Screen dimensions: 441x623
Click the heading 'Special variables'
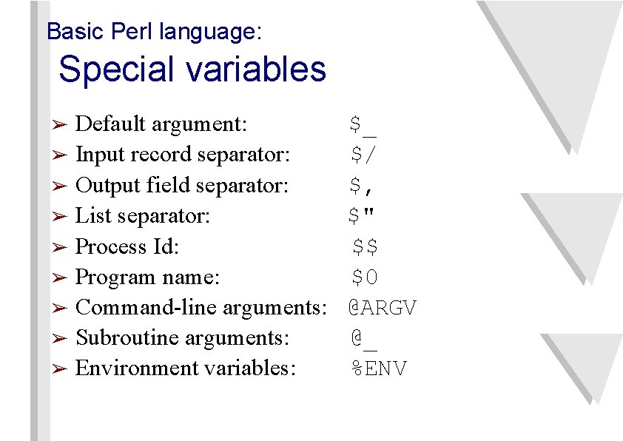coord(192,70)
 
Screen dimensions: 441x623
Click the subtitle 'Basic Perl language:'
coord(154,32)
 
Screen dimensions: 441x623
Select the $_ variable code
coord(363,124)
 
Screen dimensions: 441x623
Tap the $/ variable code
coord(363,155)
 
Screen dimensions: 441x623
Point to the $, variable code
coord(363,186)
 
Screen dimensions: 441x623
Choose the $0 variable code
coord(365,277)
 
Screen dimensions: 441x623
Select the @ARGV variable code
coord(383,308)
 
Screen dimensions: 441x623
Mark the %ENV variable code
coord(379,368)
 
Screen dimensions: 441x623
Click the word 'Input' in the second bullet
coord(93,155)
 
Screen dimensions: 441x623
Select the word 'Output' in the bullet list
coord(100,185)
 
